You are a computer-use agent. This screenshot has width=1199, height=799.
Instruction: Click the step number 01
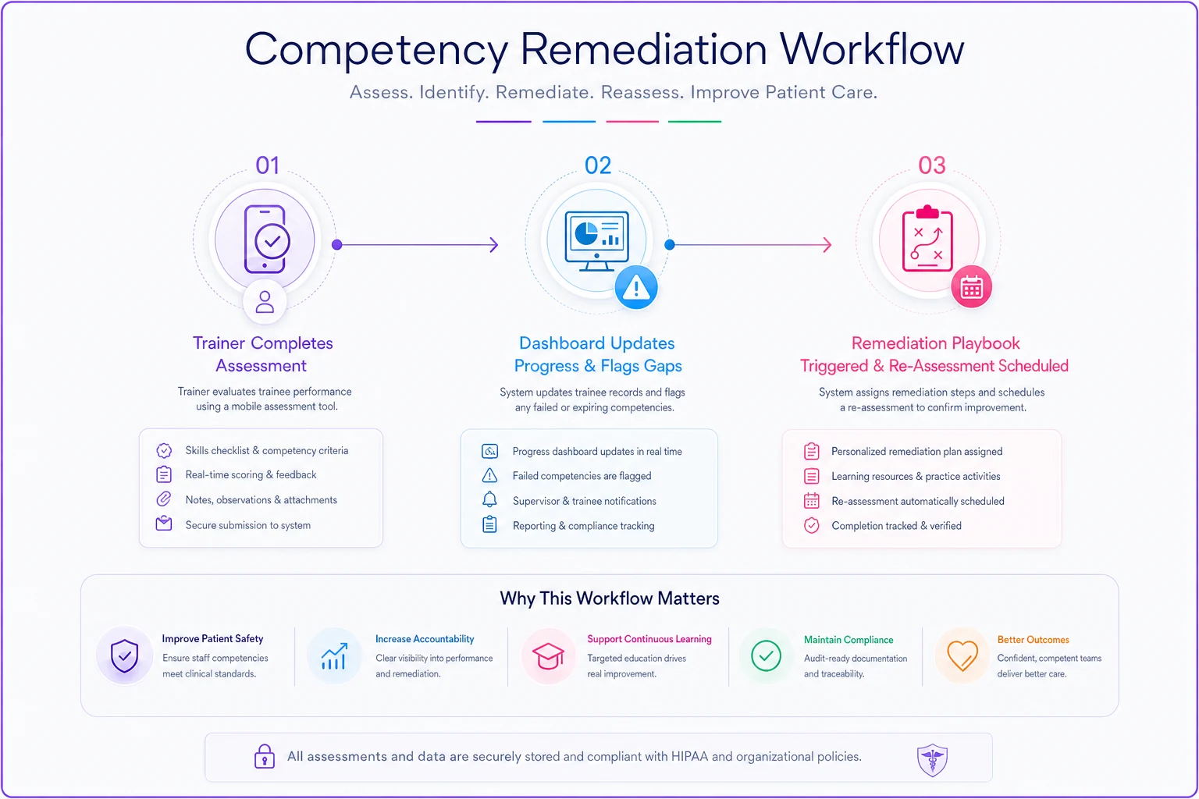click(x=267, y=165)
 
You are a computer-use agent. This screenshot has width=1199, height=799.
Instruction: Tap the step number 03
click(x=932, y=165)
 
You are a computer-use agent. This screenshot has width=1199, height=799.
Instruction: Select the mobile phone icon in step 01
click(x=266, y=240)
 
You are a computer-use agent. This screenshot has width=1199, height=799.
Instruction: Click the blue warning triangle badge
click(x=636, y=287)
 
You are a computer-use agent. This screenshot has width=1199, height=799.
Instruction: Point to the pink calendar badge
click(x=971, y=287)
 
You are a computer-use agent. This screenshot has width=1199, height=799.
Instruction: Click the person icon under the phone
click(x=265, y=302)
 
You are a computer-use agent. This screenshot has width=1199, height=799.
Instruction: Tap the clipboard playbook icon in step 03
click(x=927, y=239)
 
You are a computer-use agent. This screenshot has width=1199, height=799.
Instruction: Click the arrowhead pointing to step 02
click(x=493, y=245)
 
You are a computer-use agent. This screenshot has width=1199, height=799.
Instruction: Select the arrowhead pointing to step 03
click(x=827, y=245)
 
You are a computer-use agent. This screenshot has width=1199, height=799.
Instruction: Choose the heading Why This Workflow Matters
click(x=610, y=598)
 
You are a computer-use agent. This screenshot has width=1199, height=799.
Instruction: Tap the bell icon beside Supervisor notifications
click(x=489, y=499)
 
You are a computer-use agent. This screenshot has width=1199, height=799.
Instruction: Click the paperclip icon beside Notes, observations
click(x=164, y=499)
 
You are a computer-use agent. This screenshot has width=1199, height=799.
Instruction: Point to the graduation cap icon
click(x=547, y=655)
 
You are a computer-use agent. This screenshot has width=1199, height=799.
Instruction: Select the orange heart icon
click(x=962, y=655)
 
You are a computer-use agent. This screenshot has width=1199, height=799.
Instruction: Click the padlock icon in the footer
click(x=265, y=756)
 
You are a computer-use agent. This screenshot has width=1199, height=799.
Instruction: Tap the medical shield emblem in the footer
click(x=932, y=760)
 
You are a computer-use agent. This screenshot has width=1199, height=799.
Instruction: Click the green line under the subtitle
click(x=695, y=122)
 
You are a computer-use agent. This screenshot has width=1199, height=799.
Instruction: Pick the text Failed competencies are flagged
click(x=582, y=476)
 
